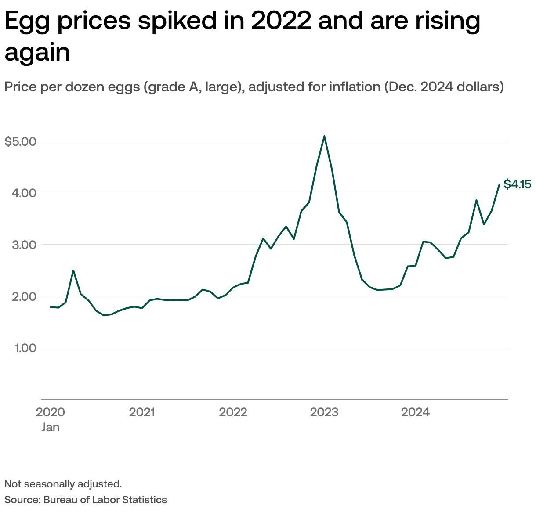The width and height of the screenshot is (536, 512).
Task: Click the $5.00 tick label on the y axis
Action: [x=20, y=141]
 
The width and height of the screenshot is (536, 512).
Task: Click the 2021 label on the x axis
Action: [x=142, y=412]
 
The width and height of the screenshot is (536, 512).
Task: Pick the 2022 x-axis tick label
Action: [x=233, y=412]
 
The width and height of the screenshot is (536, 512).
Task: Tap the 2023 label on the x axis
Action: [x=324, y=412]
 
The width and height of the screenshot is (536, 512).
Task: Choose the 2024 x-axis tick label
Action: [x=415, y=412]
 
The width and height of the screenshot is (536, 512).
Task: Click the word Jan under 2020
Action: [x=51, y=427]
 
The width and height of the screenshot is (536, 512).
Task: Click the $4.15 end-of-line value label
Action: [x=517, y=184]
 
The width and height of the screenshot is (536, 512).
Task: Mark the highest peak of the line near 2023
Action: [x=324, y=136]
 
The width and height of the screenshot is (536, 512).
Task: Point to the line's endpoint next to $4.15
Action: [x=499, y=185]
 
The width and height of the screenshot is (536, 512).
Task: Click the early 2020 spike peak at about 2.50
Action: [x=73, y=270]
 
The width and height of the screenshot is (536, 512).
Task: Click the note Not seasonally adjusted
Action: [x=63, y=484]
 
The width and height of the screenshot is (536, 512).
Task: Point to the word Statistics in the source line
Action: [x=145, y=500]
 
